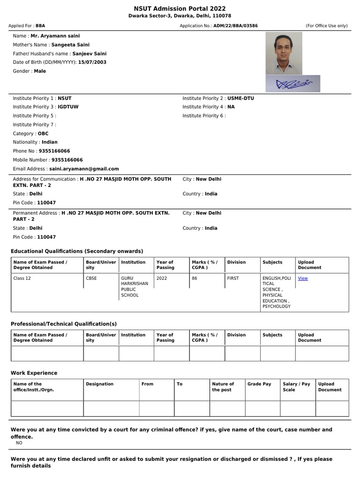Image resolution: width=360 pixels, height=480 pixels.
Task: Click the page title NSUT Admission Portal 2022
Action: point(180,8)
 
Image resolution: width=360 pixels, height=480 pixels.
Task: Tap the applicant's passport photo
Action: point(284,53)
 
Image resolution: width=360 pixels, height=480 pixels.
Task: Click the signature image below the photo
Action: point(293,83)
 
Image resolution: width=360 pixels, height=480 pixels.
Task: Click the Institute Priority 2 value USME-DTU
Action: point(240,98)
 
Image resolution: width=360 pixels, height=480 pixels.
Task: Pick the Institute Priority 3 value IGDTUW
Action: point(68,107)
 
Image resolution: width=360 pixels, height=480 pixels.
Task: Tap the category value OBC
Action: point(43,134)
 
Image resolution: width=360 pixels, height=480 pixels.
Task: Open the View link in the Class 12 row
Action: point(303,278)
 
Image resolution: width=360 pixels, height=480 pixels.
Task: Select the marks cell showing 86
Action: point(195,278)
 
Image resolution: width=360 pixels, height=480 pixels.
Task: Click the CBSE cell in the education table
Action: point(91,278)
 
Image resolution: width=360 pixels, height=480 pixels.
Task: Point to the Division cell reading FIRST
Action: point(233,278)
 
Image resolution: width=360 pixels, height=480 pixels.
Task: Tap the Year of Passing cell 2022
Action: point(162,278)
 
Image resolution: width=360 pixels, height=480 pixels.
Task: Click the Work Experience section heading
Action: point(34,373)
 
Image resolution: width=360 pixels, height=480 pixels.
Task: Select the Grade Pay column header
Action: point(259,384)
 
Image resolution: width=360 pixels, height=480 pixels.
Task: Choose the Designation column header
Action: point(100,384)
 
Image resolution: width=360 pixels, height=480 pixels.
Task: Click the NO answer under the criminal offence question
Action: point(19,442)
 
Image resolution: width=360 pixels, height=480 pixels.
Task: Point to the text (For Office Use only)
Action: point(327,26)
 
